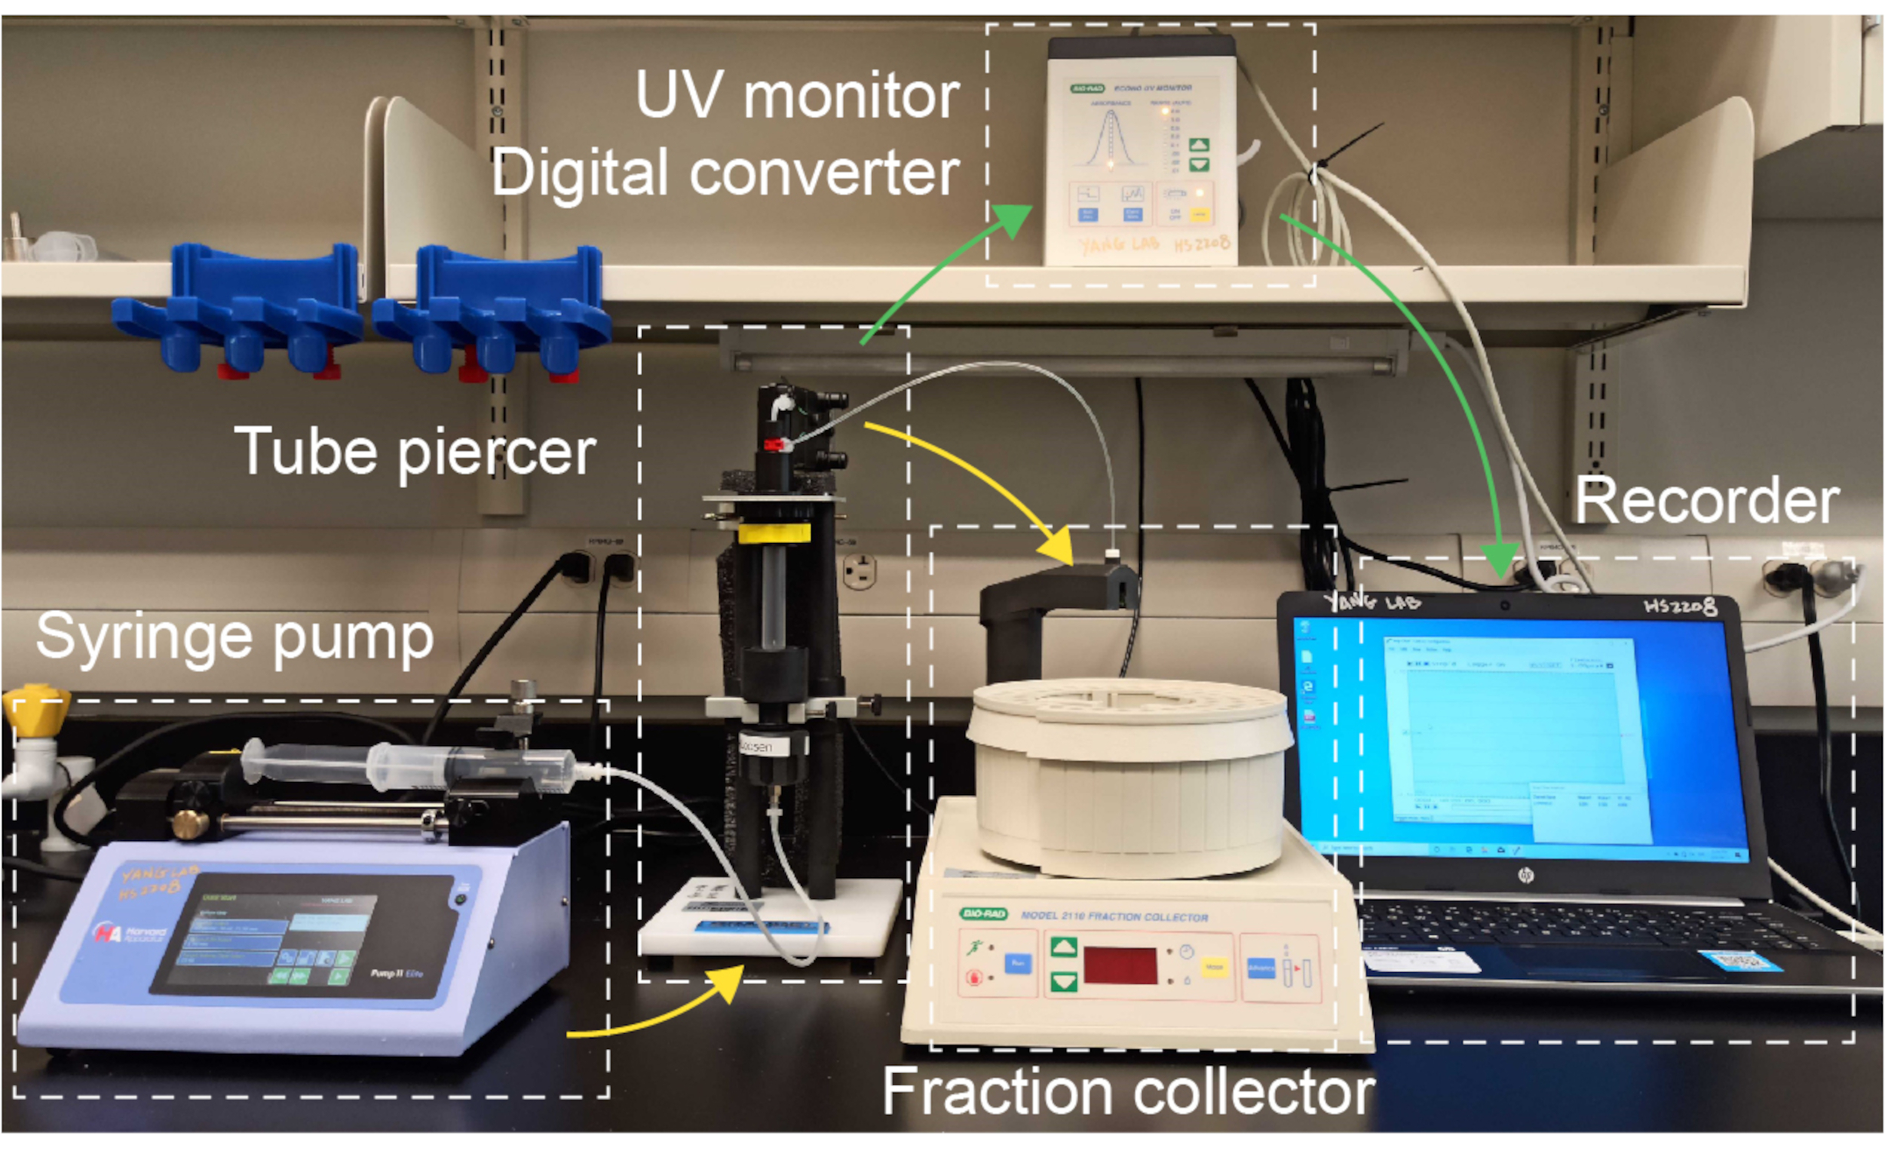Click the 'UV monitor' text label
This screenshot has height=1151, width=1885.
[x=797, y=97]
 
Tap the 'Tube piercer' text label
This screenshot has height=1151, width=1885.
[x=415, y=453]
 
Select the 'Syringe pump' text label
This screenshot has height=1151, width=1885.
[x=234, y=637]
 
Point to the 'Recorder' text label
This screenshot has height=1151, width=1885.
[x=1707, y=502]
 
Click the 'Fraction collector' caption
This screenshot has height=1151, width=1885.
[x=1129, y=1091]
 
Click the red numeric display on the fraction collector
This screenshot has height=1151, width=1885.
[x=1119, y=965]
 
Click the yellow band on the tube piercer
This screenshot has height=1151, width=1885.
[x=774, y=533]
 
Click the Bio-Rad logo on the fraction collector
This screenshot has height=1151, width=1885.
[x=983, y=913]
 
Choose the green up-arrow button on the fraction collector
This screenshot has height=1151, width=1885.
[x=1063, y=947]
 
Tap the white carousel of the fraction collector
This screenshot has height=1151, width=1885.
[x=1129, y=773]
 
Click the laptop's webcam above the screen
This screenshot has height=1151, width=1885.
[x=1504, y=606]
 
